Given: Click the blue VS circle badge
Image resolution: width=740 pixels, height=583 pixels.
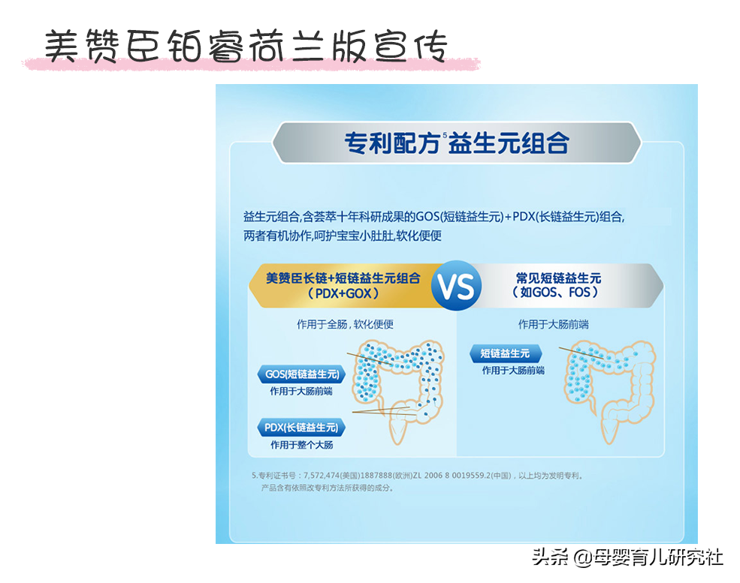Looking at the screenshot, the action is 456,286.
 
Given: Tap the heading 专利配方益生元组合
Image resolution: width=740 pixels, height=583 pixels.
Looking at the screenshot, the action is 456,143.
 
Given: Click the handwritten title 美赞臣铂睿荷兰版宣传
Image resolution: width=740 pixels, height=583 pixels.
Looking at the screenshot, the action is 246,47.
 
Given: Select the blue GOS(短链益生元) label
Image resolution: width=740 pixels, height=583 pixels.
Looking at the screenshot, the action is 301,374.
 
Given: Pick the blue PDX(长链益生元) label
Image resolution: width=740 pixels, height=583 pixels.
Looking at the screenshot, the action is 301,428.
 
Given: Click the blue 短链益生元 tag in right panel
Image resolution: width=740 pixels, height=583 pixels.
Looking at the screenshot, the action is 506,353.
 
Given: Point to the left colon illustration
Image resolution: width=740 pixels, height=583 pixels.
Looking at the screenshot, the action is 399,391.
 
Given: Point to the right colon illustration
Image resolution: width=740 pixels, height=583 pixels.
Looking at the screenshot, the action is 610,391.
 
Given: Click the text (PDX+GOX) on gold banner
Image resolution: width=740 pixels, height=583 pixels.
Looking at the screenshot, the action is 343,293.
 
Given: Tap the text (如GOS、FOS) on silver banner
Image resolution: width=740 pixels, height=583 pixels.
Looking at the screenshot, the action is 555,292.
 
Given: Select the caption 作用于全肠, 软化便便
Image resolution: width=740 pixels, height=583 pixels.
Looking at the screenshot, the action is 345,324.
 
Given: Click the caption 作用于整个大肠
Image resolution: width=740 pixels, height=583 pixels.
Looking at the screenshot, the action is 301,445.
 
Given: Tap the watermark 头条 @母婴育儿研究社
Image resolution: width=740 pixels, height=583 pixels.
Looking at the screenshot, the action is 627,557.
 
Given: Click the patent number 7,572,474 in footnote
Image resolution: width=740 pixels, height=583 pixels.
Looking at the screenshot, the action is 322,476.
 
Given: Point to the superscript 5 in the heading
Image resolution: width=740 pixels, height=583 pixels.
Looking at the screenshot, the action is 445,135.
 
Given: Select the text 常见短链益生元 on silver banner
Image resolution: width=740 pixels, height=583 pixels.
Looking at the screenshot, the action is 558,278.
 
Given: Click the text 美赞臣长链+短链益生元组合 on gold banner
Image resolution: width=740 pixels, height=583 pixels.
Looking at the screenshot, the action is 343,278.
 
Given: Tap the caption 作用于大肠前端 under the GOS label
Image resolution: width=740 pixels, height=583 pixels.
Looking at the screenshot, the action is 301,391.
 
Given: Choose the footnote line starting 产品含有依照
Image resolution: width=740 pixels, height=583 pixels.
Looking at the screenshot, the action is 328,488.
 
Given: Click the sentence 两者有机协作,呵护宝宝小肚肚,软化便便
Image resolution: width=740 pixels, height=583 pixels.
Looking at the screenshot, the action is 343,236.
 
